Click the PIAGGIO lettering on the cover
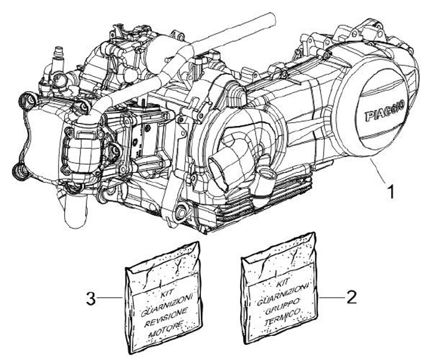(x=382, y=112)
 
